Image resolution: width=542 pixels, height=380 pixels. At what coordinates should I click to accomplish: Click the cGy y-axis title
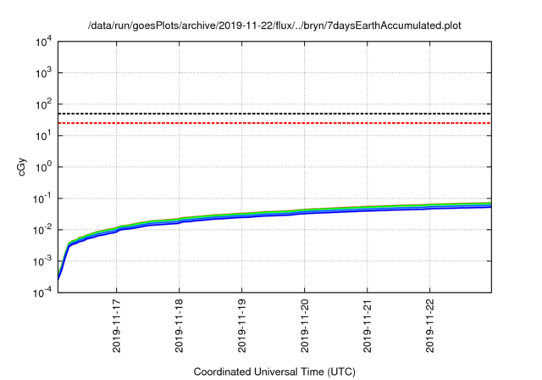coord(12,167)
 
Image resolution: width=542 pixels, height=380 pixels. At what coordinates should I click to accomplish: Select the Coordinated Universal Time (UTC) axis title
coord(274,372)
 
